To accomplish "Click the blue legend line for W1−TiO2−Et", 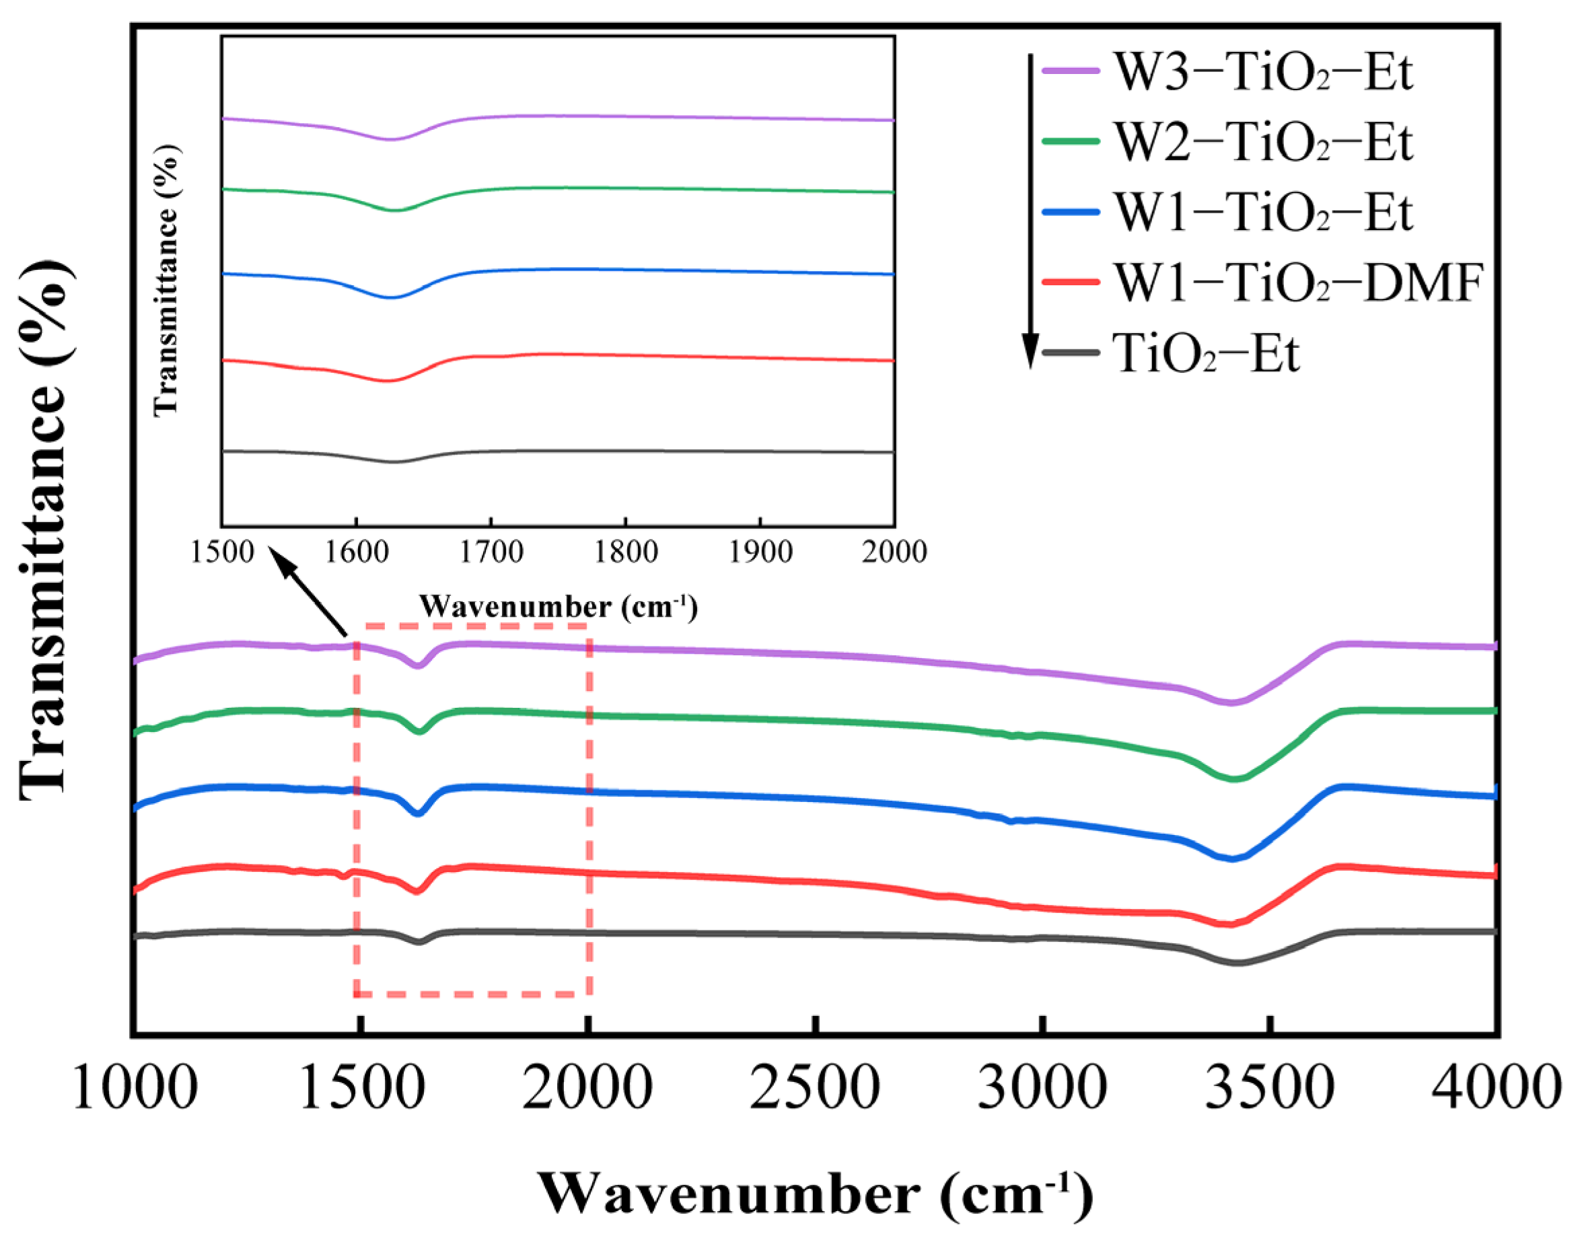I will [x=1070, y=212].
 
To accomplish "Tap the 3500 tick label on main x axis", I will [x=1268, y=1088].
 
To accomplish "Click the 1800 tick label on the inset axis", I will [x=626, y=552].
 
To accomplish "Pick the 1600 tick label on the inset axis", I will [x=356, y=552].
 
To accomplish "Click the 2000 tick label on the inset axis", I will [x=894, y=552].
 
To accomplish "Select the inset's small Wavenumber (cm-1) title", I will [x=559, y=606].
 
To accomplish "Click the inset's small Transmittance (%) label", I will [x=166, y=279].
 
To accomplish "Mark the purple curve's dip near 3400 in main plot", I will [x=1229, y=702].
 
